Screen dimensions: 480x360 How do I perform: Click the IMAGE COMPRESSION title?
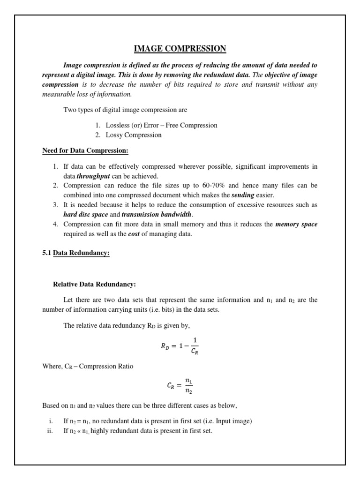click(180, 48)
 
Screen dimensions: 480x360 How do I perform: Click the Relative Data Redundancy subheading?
click(94, 284)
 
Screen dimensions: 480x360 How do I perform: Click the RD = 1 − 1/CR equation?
click(180, 347)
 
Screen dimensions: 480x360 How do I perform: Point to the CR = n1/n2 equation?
click(180, 386)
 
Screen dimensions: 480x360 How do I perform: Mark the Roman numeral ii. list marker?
click(49, 431)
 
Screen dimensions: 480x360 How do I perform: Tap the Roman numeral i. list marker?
click(50, 421)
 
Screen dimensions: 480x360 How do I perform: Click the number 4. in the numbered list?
click(55, 224)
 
